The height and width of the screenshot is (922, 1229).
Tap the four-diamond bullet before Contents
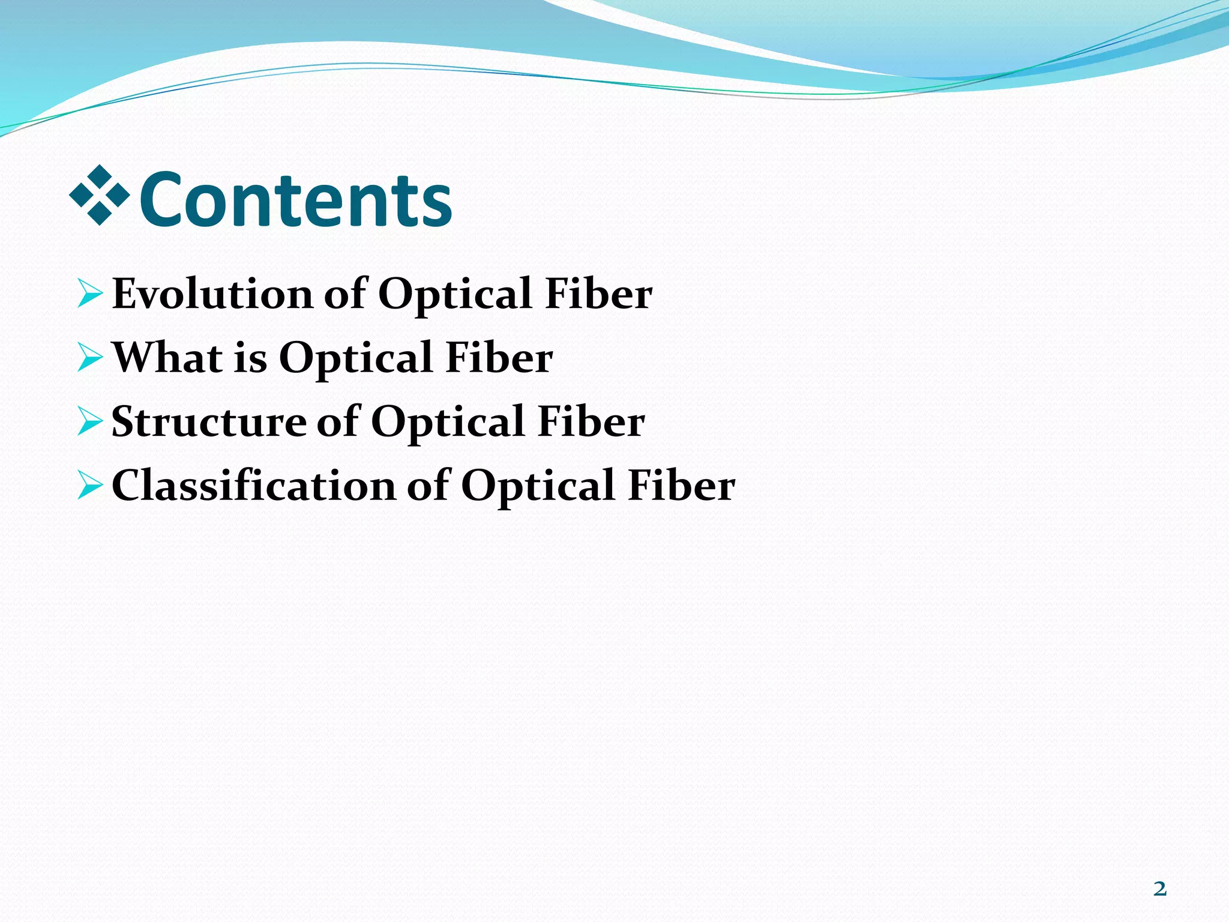tap(100, 195)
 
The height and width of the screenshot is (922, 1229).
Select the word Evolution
tap(212, 294)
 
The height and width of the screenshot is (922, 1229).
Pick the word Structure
tap(208, 421)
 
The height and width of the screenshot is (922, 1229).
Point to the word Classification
tap(253, 485)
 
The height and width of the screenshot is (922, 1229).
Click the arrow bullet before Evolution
tap(90, 294)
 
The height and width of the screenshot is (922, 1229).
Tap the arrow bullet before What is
tap(90, 358)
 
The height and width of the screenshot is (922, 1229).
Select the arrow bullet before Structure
tap(90, 421)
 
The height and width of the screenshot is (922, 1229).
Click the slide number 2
tap(1160, 889)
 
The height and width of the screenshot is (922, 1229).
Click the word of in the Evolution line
tap(344, 294)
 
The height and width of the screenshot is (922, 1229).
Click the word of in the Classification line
tap(428, 485)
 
